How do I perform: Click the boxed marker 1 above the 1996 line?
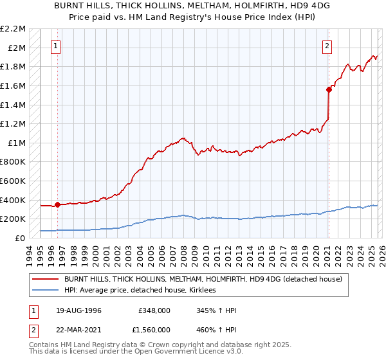(57, 46)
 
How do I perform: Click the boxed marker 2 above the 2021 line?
(327, 46)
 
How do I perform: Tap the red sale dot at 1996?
(58, 205)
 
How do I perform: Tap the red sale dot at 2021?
(328, 90)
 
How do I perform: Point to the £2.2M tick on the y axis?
(13, 29)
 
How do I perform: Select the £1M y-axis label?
(17, 143)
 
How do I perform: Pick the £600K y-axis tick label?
(13, 181)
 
